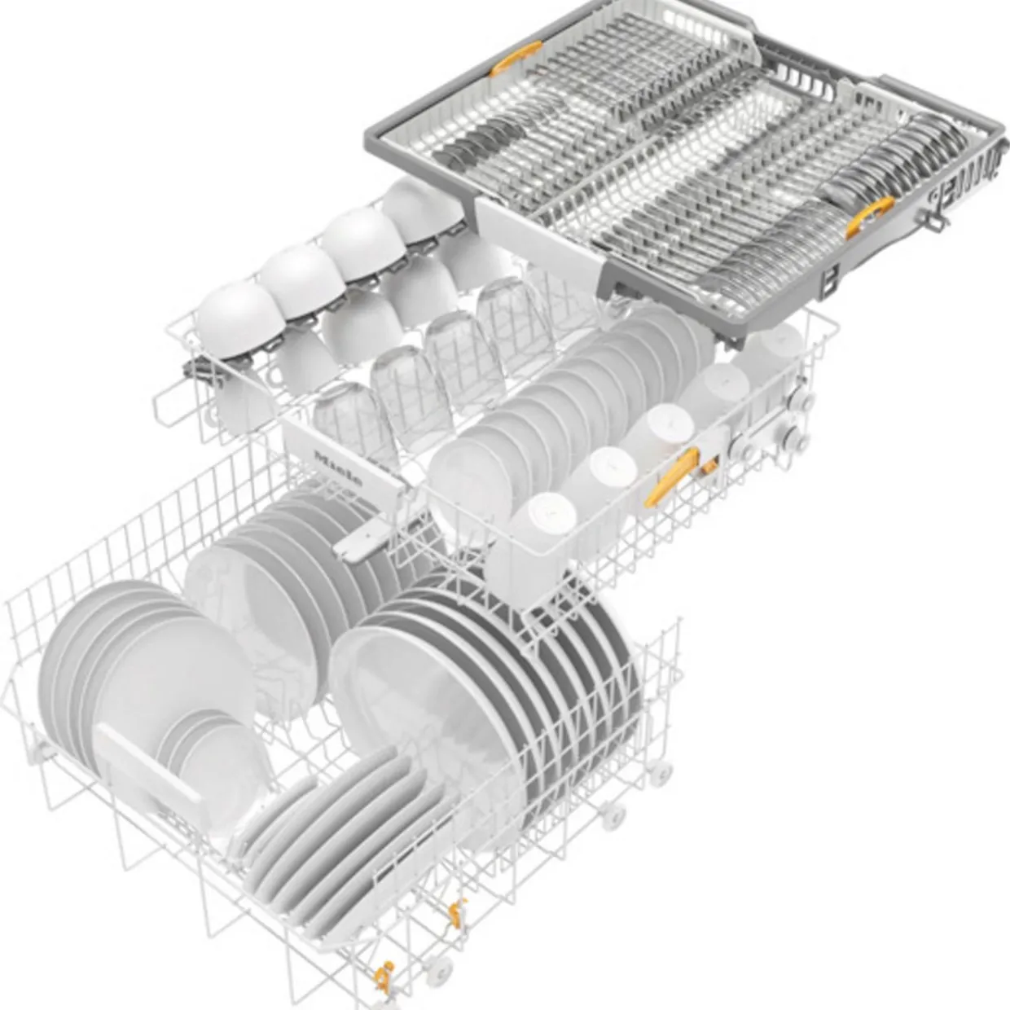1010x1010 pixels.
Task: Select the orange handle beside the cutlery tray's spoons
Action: tap(870, 216)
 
